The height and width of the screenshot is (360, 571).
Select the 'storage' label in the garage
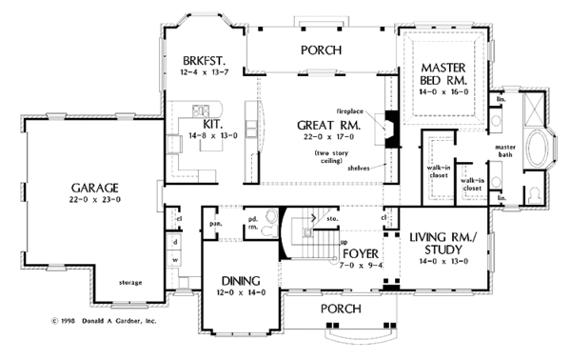[x=129, y=283]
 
